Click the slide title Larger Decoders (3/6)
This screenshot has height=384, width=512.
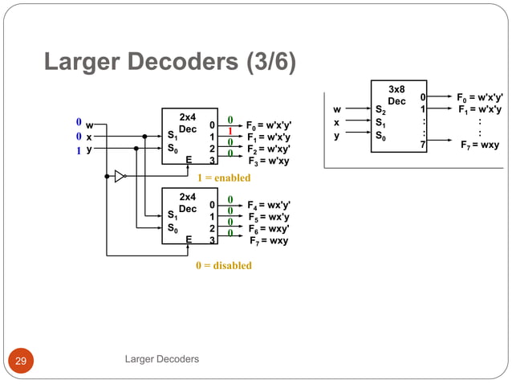(x=169, y=63)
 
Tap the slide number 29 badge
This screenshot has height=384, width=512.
(x=20, y=360)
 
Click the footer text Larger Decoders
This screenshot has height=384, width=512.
(x=162, y=359)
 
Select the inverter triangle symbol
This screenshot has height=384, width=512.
(x=120, y=176)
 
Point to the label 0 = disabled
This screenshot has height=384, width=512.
(x=223, y=265)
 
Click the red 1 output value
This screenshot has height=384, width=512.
(x=230, y=131)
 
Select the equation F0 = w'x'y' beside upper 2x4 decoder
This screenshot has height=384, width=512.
(x=268, y=125)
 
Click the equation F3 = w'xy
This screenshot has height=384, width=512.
(x=268, y=161)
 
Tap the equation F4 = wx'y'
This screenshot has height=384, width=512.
(x=269, y=205)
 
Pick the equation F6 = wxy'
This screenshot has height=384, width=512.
(x=269, y=229)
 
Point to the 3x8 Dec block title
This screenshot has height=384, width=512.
(x=396, y=96)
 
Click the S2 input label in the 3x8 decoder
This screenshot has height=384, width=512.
(x=380, y=111)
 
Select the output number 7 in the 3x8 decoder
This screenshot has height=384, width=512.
(x=422, y=145)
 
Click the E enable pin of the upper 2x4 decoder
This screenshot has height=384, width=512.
(x=189, y=160)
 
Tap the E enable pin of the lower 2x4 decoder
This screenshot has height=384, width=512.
(x=189, y=239)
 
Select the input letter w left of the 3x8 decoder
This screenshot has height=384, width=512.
(x=337, y=110)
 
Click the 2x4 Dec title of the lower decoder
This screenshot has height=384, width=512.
(x=187, y=202)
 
